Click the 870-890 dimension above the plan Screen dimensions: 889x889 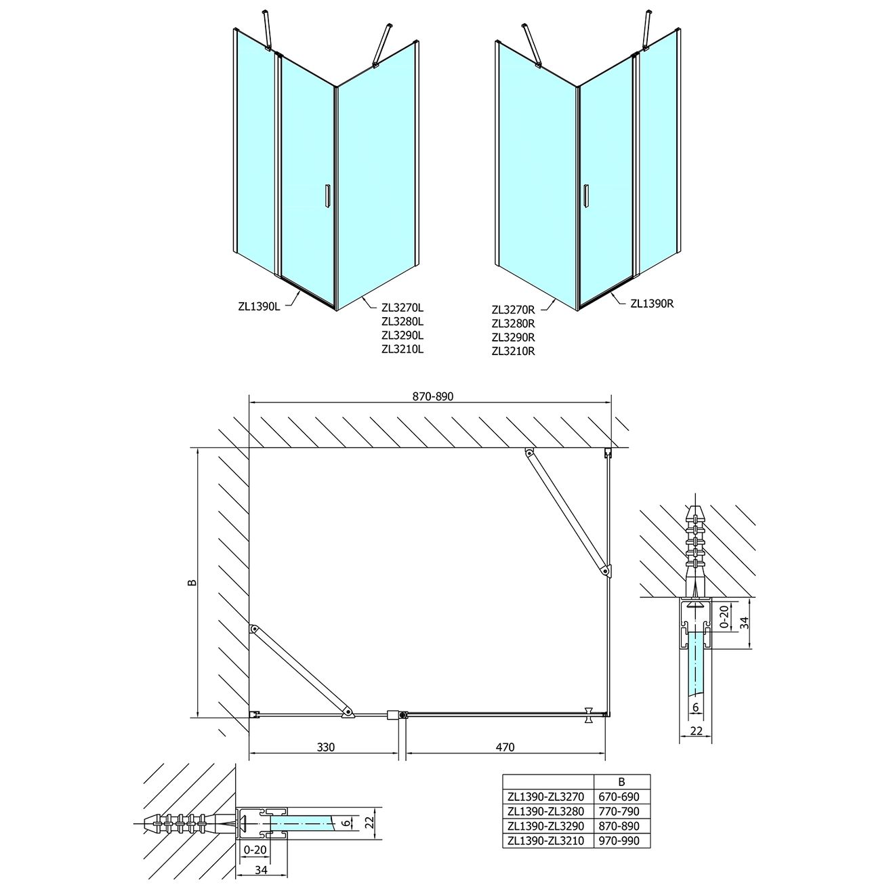(x=432, y=396)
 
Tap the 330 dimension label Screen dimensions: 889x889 (x=325, y=747)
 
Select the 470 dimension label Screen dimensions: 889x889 (x=505, y=747)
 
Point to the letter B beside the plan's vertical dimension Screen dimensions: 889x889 (x=192, y=582)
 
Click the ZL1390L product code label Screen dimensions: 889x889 (x=260, y=306)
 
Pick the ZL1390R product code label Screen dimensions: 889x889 (x=652, y=303)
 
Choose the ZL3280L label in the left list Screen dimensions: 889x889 (x=402, y=321)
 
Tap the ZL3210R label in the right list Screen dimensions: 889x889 (x=513, y=351)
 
